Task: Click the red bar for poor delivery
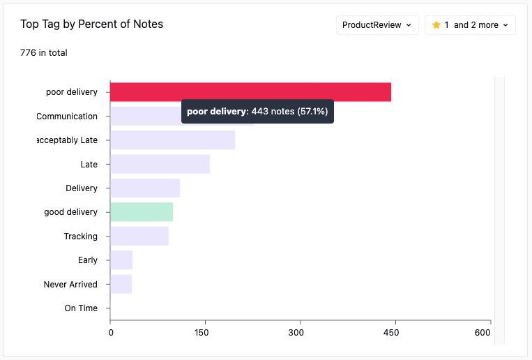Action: click(250, 92)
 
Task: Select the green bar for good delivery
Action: click(142, 212)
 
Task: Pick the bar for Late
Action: click(160, 164)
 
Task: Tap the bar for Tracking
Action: click(139, 236)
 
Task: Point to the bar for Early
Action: click(121, 260)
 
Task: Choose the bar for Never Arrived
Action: click(121, 284)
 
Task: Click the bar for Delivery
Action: click(145, 188)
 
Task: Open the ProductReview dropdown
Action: click(377, 25)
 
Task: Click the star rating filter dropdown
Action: click(470, 25)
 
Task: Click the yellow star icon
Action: click(436, 25)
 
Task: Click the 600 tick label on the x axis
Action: click(482, 333)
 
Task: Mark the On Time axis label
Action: click(81, 308)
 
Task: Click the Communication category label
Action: click(67, 117)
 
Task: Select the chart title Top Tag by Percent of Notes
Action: click(91, 24)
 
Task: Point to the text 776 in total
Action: click(44, 52)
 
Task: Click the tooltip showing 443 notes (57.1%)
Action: click(257, 112)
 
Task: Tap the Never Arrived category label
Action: click(70, 285)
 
